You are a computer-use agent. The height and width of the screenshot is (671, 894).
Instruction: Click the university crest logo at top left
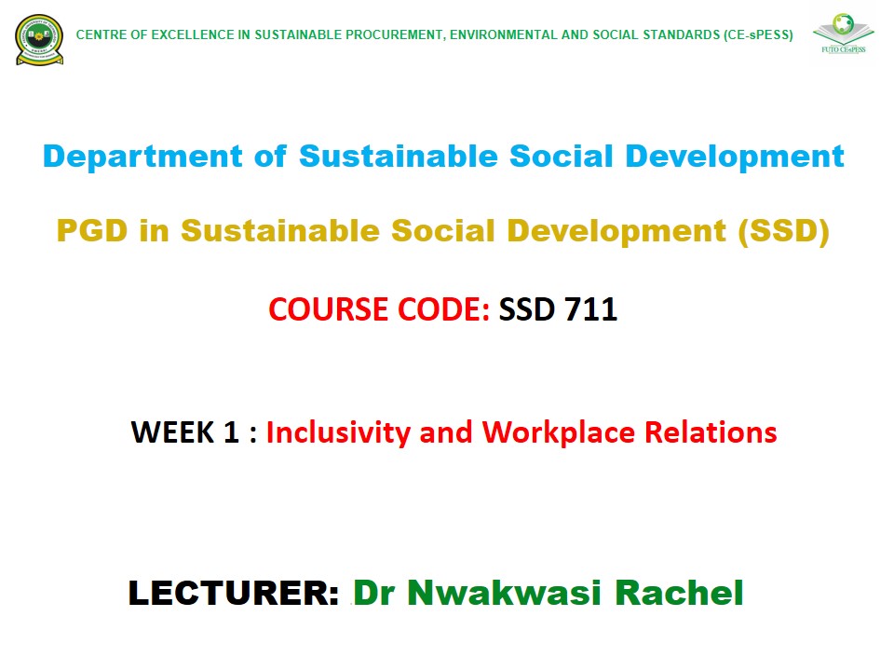click(39, 39)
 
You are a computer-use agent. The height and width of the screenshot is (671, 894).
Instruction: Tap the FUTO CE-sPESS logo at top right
click(844, 34)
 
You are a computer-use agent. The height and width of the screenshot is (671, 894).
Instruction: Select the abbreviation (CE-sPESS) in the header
click(758, 34)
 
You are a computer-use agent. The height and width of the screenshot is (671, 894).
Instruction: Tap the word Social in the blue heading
click(561, 157)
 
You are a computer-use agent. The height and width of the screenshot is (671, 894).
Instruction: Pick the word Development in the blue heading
click(735, 157)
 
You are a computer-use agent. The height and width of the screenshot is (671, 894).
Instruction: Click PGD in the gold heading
click(92, 230)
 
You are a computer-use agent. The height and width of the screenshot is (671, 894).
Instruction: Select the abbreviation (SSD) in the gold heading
click(783, 231)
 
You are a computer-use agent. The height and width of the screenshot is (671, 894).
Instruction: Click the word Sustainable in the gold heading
click(280, 230)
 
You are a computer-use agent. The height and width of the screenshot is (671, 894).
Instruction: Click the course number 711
click(591, 309)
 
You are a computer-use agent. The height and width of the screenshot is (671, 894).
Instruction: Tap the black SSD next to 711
click(526, 309)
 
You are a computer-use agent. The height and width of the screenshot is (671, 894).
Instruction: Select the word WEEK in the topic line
click(172, 431)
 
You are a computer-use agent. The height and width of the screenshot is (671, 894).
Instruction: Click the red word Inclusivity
click(338, 432)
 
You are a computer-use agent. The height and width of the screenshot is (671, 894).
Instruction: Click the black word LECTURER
click(234, 593)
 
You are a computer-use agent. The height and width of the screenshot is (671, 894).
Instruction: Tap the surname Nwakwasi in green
click(504, 593)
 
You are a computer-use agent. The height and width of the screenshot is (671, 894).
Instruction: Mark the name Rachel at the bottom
click(679, 593)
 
